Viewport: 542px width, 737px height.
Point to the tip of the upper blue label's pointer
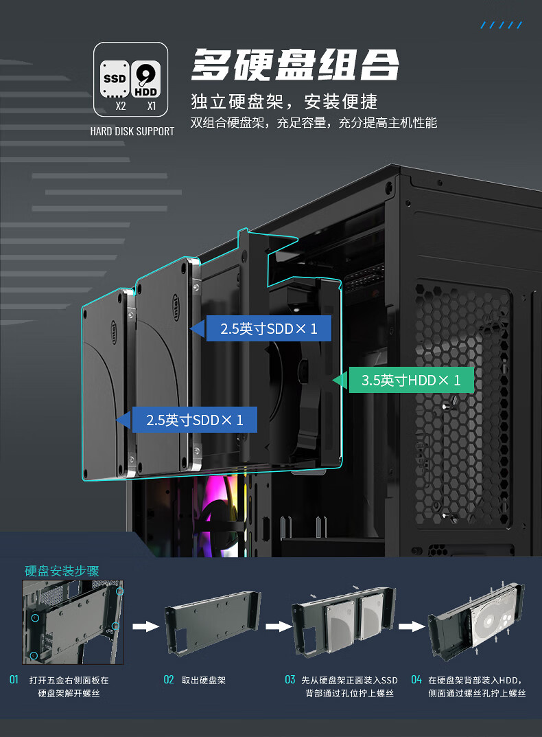click(189, 328)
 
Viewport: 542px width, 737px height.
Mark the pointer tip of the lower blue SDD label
click(115, 419)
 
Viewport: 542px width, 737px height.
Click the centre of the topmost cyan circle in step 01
click(120, 591)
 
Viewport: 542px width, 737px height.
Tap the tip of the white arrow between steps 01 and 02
click(159, 626)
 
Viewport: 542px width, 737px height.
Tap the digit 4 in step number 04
click(419, 680)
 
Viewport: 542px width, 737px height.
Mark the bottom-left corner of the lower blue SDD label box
click(132, 432)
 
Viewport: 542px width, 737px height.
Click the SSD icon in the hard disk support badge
click(114, 79)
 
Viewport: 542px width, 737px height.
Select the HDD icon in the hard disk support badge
click(145, 79)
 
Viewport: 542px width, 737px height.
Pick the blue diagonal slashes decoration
click(501, 25)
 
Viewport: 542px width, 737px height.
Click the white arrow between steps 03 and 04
click(412, 626)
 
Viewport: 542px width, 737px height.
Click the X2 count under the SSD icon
click(121, 106)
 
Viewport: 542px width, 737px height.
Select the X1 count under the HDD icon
click(151, 106)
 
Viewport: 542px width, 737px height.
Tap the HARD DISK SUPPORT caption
click(132, 131)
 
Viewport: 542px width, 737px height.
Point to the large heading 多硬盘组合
click(296, 65)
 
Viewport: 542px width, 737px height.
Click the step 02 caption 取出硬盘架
click(203, 680)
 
